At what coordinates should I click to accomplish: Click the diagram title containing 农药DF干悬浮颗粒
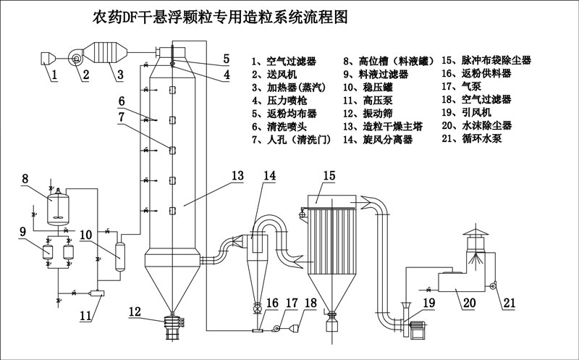click(221, 17)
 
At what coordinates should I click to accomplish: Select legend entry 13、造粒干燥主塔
click(383, 127)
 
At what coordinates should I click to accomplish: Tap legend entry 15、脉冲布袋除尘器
click(486, 60)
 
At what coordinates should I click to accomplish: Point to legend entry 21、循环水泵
click(472, 138)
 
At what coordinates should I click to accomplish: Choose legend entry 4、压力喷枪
click(279, 100)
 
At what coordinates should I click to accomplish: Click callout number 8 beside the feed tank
click(25, 179)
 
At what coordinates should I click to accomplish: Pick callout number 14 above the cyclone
click(269, 175)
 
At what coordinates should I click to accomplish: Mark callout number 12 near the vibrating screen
click(135, 311)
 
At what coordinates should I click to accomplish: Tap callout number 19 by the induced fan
click(429, 303)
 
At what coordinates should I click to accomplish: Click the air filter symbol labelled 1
click(48, 59)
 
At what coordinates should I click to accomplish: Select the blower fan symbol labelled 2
click(76, 58)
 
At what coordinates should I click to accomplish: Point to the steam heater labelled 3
click(105, 53)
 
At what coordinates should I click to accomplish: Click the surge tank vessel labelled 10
click(120, 256)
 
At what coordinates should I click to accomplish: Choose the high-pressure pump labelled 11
click(97, 293)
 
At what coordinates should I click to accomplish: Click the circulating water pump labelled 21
click(492, 285)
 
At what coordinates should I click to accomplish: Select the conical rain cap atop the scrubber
click(476, 231)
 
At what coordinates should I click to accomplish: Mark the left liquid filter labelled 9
click(47, 252)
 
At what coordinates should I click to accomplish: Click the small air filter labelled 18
click(295, 327)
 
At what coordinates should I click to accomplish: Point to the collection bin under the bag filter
click(331, 326)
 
